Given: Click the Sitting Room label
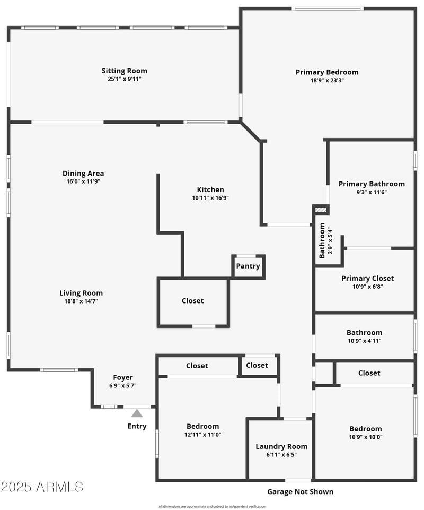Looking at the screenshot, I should (125, 71).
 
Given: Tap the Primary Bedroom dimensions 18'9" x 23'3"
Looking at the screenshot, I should (327, 80).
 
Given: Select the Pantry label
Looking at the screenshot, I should (248, 266).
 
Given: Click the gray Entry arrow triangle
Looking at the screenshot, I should (137, 413).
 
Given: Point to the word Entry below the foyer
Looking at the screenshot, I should (137, 426).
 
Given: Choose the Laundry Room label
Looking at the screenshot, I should (281, 446).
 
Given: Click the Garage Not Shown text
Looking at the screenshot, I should (300, 492).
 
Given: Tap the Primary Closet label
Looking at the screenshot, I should (367, 278).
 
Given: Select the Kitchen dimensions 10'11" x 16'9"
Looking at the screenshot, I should (210, 197).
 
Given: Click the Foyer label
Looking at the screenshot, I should (123, 377).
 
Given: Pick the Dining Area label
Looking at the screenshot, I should (83, 173).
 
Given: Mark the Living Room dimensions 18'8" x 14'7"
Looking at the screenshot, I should (81, 301).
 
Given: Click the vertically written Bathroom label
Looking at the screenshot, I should (322, 240).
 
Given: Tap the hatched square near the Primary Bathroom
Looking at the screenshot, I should (321, 210).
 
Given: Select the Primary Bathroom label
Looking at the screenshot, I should (372, 184).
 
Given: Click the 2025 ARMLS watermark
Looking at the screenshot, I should (42, 487).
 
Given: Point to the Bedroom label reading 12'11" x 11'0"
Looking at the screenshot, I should (202, 426).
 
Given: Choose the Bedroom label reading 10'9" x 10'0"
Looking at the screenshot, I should (365, 429).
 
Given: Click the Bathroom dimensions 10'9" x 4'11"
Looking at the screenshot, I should (364, 341).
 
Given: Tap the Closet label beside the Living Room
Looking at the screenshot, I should (192, 300).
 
